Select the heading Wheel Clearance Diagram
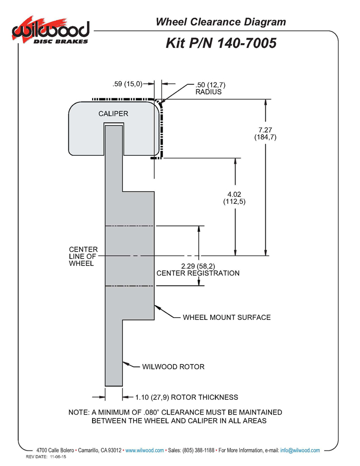[221, 22]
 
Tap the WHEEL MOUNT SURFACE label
[227, 317]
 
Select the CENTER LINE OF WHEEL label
[83, 256]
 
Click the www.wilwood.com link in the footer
[145, 451]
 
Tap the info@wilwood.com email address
[300, 451]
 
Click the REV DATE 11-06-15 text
[47, 457]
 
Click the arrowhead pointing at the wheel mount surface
[158, 307]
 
